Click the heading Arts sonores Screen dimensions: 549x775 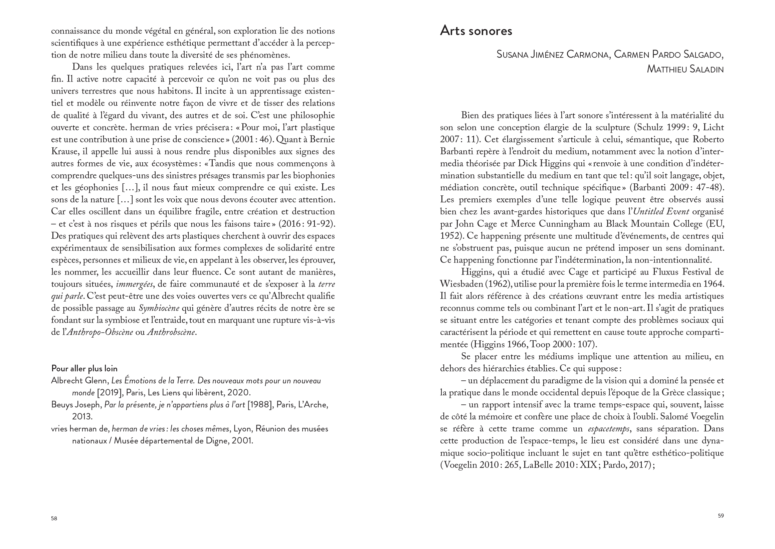pos(476,31)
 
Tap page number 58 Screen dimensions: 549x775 pos(54,519)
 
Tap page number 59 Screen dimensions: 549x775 pos(721,516)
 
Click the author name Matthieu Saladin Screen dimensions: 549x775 pos(685,69)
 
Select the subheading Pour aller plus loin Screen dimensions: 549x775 pos(84,368)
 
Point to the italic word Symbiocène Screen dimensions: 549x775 pos(159,308)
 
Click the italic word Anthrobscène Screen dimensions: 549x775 pos(171,332)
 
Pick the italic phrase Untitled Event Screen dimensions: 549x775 pos(661,212)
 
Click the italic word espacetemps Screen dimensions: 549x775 pos(608,429)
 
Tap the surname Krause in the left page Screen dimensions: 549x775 pos(64,152)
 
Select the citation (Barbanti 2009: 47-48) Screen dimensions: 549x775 pos(677,188)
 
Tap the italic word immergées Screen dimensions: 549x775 pos(135,284)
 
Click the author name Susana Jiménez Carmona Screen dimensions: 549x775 pos(553,55)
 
